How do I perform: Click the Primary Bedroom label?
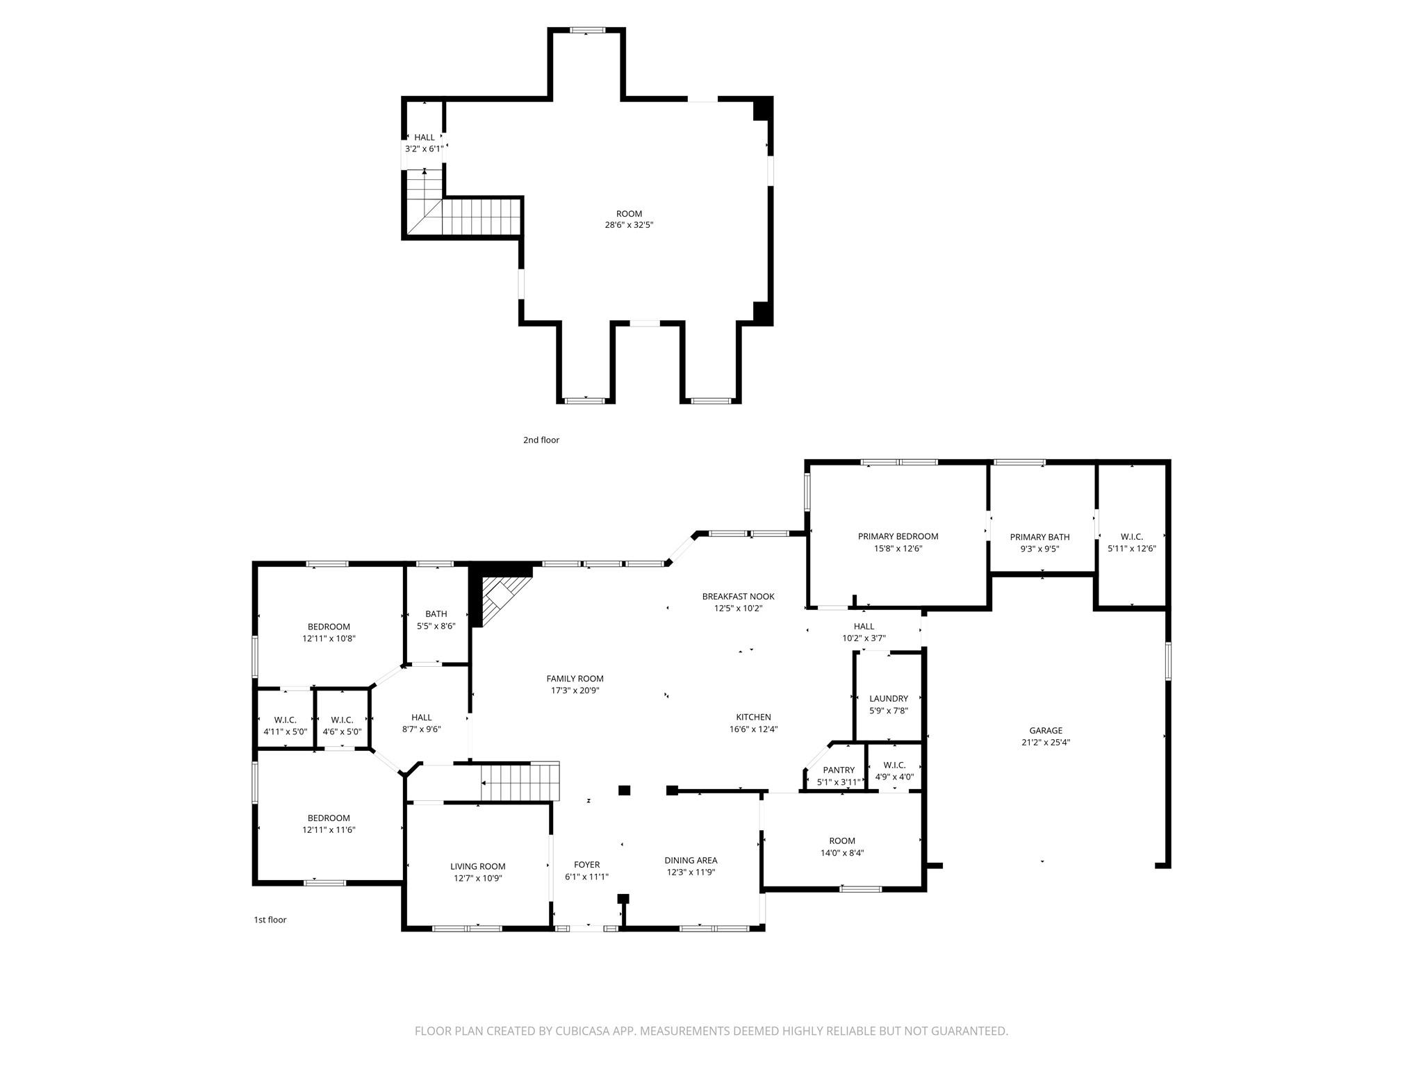tap(898, 536)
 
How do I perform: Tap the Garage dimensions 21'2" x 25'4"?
tap(1046, 742)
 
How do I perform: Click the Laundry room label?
tap(889, 699)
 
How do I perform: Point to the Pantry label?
tap(839, 770)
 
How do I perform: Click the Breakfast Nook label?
tap(738, 597)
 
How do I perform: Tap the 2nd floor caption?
tap(541, 440)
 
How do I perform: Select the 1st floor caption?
tap(270, 920)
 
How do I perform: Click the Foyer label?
tap(586, 865)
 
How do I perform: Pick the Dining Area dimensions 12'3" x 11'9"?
tap(691, 872)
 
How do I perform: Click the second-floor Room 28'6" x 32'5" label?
tap(629, 214)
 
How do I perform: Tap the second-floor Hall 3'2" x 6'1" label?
tap(424, 138)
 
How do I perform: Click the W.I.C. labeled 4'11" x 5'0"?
tap(285, 720)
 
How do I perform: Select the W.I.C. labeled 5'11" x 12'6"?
tap(1131, 537)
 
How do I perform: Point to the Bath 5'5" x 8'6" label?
tap(436, 614)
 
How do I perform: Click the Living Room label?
tap(477, 866)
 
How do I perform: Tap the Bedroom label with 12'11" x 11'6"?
tap(329, 818)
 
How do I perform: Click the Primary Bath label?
tap(1039, 537)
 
